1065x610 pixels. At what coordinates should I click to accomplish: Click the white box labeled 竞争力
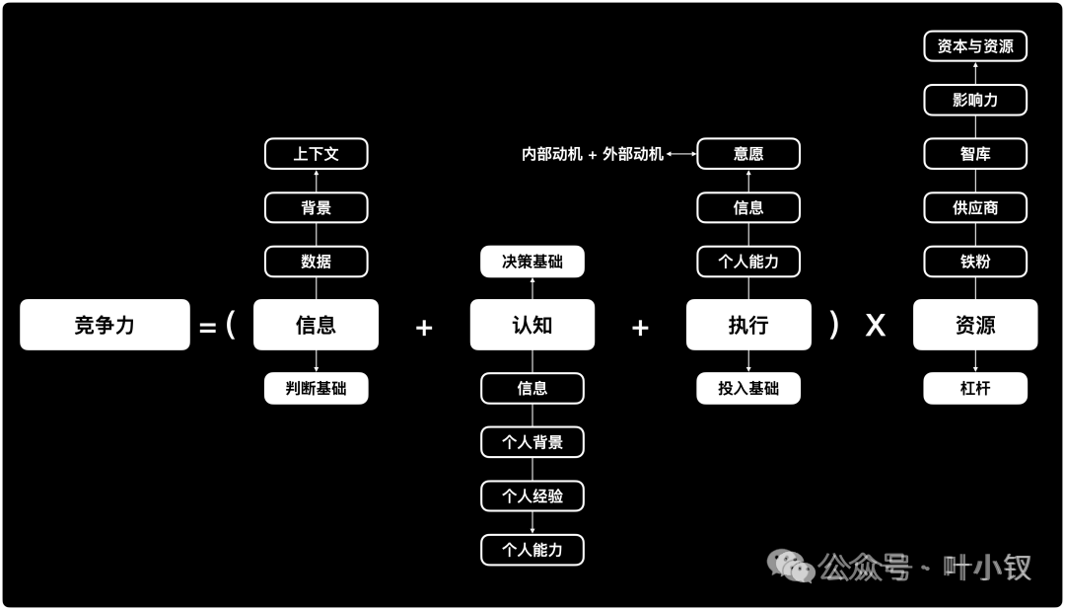coord(105,325)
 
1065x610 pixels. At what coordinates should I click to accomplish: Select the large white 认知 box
coord(532,325)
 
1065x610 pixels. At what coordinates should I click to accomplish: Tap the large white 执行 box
coord(748,325)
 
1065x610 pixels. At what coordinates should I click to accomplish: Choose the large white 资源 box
coord(975,325)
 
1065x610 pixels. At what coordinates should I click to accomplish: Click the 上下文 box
coord(317,154)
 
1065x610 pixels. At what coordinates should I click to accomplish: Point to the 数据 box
coord(317,262)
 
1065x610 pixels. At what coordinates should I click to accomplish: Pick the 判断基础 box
coord(317,388)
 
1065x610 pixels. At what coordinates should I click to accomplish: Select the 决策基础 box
coord(532,262)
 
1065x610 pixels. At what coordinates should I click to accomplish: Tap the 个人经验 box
coord(532,496)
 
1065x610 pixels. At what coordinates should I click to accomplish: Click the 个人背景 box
coord(532,442)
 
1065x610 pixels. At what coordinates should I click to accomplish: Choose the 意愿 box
coord(748,154)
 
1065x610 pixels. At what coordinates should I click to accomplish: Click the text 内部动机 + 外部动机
coord(593,155)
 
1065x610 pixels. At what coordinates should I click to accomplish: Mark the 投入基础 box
coord(748,388)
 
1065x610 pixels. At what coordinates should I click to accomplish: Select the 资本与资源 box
coord(975,46)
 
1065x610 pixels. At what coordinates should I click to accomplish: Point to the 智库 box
coord(975,154)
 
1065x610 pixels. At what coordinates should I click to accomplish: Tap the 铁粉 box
coord(975,262)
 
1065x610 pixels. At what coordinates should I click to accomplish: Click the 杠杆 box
coord(975,388)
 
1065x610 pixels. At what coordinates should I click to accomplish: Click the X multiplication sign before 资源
coord(876,326)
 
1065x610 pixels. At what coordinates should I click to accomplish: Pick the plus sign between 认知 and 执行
coord(640,328)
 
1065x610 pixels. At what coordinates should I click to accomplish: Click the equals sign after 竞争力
coord(207,328)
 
